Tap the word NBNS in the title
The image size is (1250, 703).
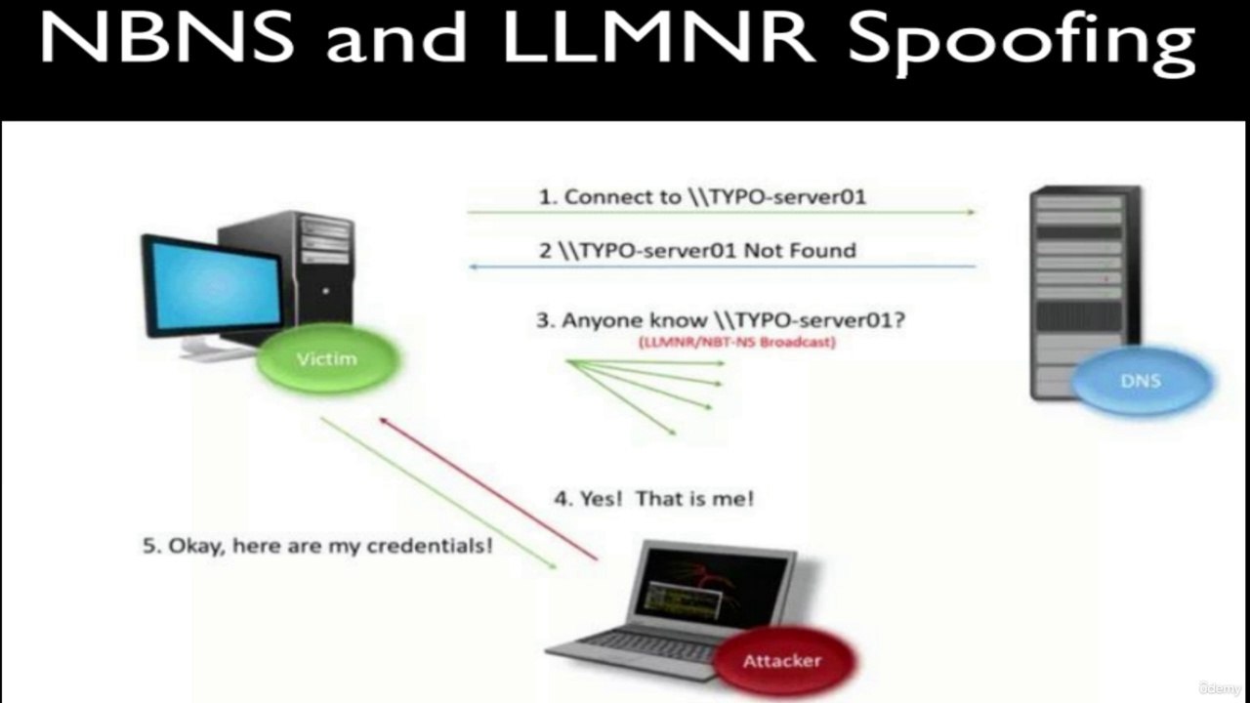(x=167, y=37)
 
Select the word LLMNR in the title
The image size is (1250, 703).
(x=658, y=37)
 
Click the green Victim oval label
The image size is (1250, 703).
(x=327, y=358)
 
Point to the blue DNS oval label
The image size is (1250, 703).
(x=1141, y=381)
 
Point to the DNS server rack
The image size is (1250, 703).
(x=1085, y=292)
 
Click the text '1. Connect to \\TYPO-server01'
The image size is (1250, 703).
(x=702, y=197)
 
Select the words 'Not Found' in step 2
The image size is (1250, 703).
(x=800, y=251)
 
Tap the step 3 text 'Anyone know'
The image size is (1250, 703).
(x=635, y=321)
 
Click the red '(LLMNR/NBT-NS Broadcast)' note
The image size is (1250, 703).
(x=737, y=342)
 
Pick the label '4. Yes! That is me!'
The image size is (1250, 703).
(x=654, y=498)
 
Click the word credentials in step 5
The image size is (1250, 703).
(x=431, y=546)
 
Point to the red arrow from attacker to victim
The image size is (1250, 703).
(x=489, y=489)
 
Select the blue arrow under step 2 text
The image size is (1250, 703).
(x=722, y=267)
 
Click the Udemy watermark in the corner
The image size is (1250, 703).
(x=1220, y=687)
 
